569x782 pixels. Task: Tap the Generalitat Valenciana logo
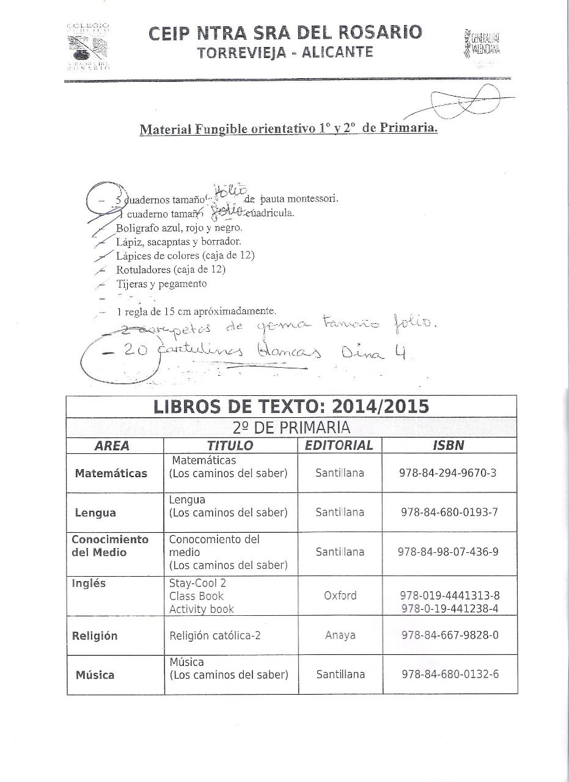(482, 45)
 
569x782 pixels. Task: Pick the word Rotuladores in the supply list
(142, 269)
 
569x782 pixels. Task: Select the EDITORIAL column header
(339, 445)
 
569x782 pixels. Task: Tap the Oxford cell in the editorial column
(340, 596)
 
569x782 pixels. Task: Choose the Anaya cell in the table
(340, 635)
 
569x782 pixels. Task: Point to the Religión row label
(95, 636)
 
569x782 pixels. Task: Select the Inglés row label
(89, 583)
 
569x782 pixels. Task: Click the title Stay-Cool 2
(197, 583)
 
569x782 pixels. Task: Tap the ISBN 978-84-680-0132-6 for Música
(450, 674)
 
